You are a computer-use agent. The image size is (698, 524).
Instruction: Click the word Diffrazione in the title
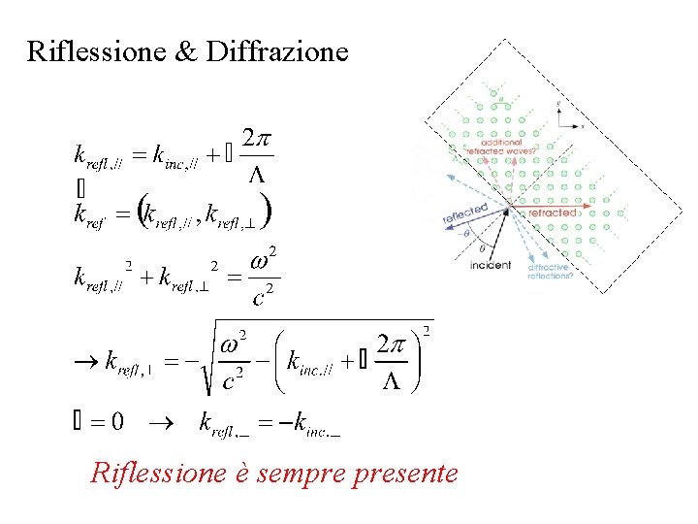[x=277, y=50]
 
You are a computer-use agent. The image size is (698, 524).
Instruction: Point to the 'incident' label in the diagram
[x=490, y=265]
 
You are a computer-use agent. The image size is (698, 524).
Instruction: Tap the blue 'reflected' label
[x=464, y=215]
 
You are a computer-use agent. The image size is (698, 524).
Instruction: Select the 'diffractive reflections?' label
[x=550, y=272]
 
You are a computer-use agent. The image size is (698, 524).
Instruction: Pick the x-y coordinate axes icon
[x=565, y=115]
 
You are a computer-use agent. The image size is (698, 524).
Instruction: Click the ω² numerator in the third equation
[x=267, y=262]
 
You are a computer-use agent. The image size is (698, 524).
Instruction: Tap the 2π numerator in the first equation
[x=257, y=139]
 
